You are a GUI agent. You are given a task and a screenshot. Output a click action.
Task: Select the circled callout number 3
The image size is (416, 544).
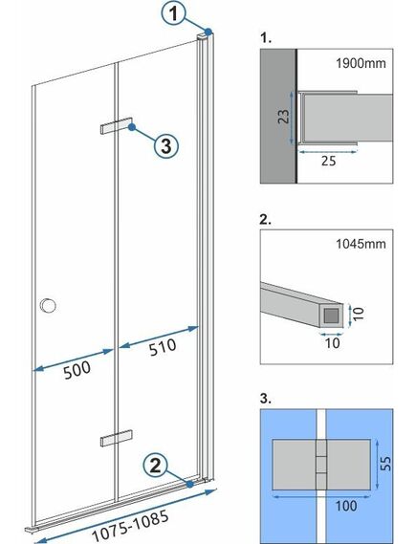[x=165, y=145]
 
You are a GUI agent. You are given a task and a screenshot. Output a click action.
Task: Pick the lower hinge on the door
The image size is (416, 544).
[x=114, y=439]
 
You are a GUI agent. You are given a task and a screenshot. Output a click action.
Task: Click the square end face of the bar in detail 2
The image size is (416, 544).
[x=331, y=312]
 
